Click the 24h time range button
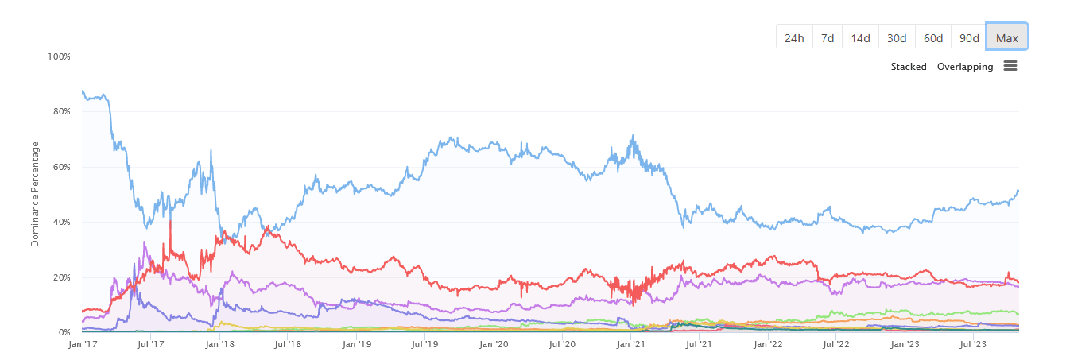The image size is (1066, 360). pos(794,37)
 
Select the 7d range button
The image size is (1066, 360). pos(828,37)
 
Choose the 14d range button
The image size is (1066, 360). pos(860,37)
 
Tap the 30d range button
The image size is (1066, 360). pos(897,37)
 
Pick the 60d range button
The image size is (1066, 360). pos(933,37)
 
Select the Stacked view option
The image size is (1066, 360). pos(909,67)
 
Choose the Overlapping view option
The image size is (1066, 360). pos(965,67)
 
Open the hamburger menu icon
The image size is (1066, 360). pos(1010,66)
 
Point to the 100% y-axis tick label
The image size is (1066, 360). pos(59,56)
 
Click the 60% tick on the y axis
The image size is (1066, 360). pos(62,167)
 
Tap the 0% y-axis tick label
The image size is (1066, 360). pos(64,332)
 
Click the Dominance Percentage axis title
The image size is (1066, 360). pos(35,194)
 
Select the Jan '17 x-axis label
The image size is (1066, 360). pos(83,344)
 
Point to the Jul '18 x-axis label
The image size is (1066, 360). pos(288,344)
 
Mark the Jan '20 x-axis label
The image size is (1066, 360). pos(494,344)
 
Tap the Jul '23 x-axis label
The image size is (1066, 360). pos(973,344)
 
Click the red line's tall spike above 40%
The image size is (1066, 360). pos(170,222)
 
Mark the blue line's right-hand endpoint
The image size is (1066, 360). pos(1018,191)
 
